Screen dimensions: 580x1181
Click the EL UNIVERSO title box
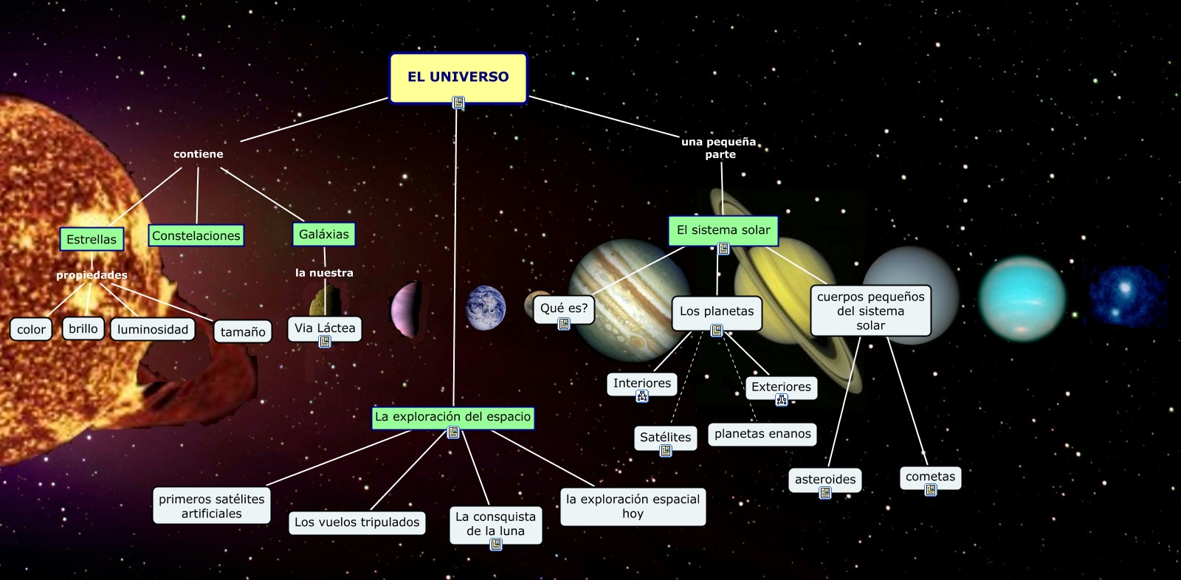pyautogui.click(x=458, y=77)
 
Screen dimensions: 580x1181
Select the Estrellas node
pyautogui.click(x=92, y=239)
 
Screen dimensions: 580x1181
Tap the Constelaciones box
pyautogui.click(x=196, y=235)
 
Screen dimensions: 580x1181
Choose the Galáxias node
pyautogui.click(x=323, y=234)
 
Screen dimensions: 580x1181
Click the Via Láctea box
pyautogui.click(x=325, y=328)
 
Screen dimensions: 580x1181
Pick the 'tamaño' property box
pyautogui.click(x=243, y=331)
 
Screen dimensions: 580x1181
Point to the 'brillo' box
pyautogui.click(x=83, y=328)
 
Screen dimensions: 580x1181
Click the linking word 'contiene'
pyautogui.click(x=198, y=154)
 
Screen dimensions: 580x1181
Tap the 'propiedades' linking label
pyautogui.click(x=92, y=275)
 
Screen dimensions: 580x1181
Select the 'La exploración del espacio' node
pyautogui.click(x=452, y=416)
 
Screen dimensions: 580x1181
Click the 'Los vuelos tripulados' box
pyautogui.click(x=357, y=522)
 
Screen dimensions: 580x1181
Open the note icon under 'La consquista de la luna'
pyautogui.click(x=496, y=545)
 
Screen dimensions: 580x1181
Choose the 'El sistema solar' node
pyautogui.click(x=723, y=230)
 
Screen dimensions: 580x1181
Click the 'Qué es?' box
pyautogui.click(x=564, y=308)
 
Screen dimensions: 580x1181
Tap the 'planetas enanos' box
pyautogui.click(x=762, y=434)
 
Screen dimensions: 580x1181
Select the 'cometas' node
pyautogui.click(x=930, y=476)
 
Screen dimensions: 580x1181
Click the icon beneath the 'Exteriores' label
pyautogui.click(x=782, y=400)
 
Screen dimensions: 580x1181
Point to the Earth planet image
pyautogui.click(x=486, y=308)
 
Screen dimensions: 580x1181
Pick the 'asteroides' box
pyautogui.click(x=825, y=479)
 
